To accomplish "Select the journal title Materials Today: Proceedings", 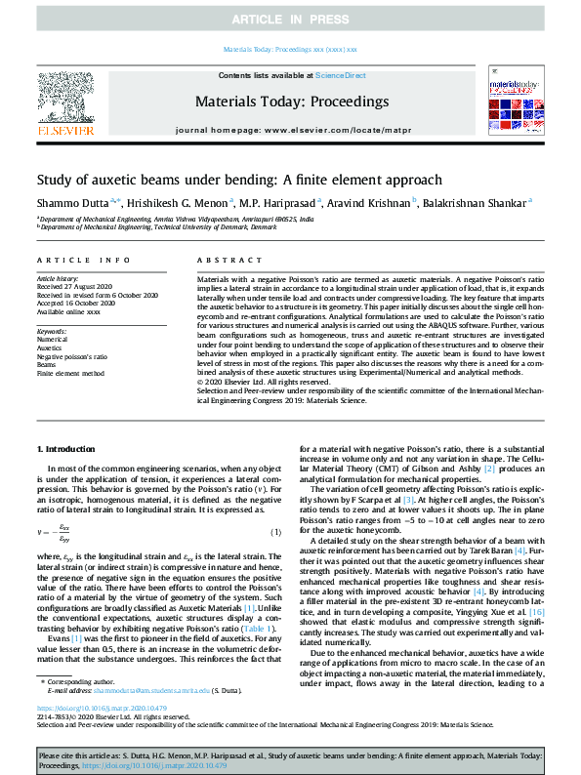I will tap(290, 101).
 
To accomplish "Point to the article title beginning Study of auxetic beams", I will tap(226, 180).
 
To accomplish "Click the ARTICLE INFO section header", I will tap(83, 261).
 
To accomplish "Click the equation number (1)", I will tap(276, 531).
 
